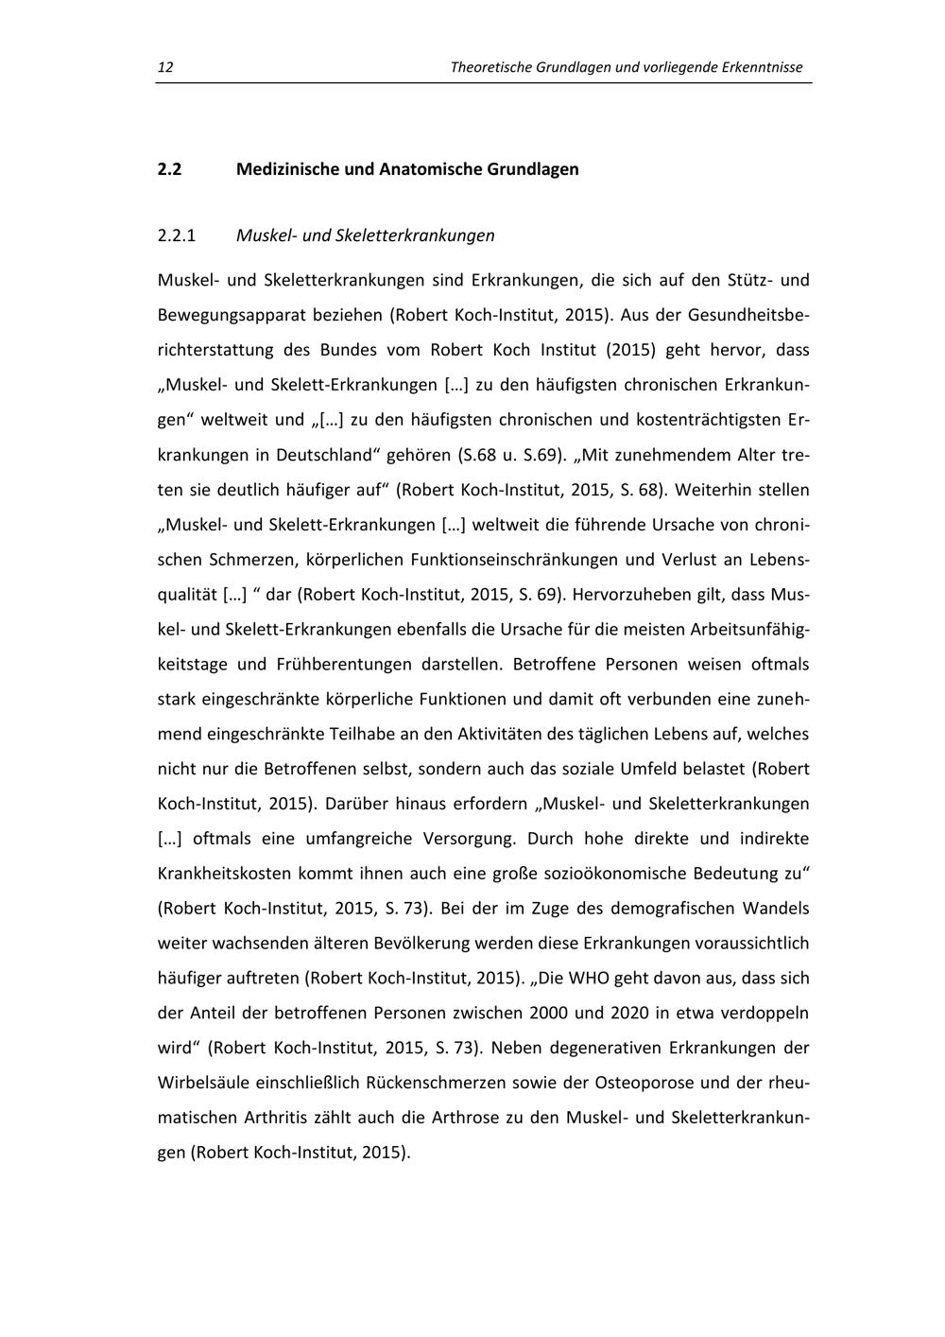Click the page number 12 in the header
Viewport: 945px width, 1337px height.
tap(164, 67)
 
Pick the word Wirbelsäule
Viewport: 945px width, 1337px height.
tap(202, 1082)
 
